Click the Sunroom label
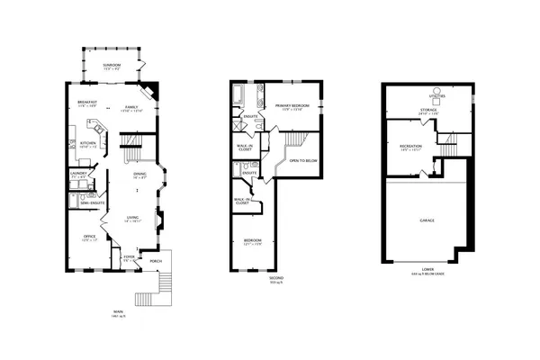112,66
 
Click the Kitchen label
88,144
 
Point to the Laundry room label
77,175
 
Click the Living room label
131,219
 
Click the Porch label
156,264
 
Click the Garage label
427,220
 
